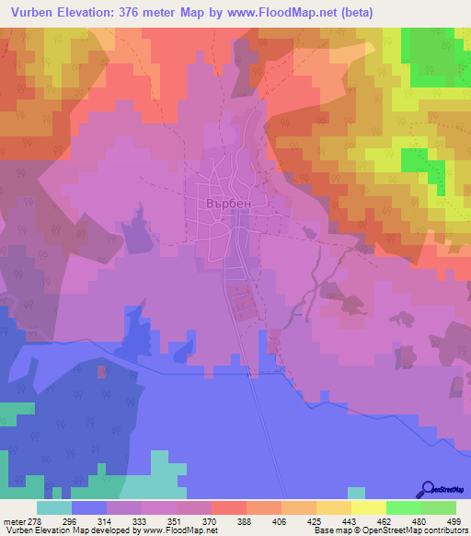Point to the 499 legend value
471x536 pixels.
(454, 520)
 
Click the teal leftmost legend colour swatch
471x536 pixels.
(53, 507)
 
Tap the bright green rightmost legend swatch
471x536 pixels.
(439, 507)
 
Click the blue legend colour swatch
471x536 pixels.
(88, 507)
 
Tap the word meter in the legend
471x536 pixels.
(13, 520)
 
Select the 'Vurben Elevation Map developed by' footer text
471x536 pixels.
(69, 530)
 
